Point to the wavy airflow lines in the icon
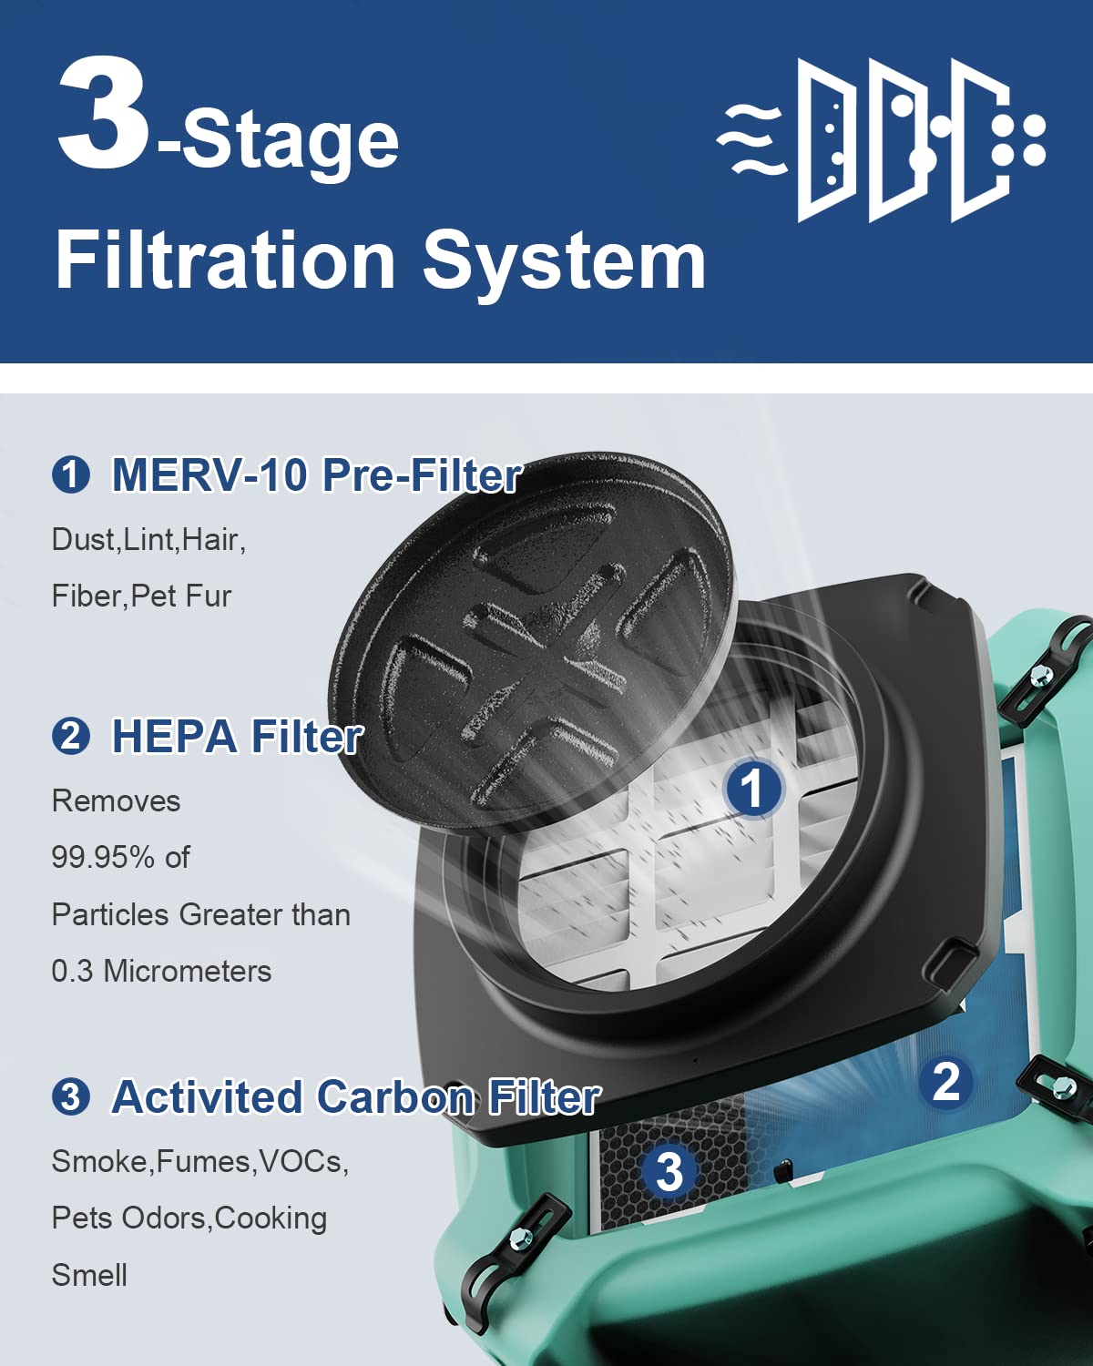coord(750,139)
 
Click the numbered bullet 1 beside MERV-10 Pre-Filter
coord(71,475)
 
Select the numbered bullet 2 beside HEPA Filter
coord(71,736)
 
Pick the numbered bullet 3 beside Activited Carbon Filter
coord(71,1096)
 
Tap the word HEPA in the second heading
coord(173,736)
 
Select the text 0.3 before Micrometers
coord(72,971)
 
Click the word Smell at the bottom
coord(89,1275)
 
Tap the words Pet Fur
coord(181,596)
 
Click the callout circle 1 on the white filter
coord(752,789)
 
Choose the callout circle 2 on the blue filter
coord(945,1082)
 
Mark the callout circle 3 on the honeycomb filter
coord(669,1171)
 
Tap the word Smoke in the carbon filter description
coord(100,1161)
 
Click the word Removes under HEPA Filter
coord(116,800)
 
